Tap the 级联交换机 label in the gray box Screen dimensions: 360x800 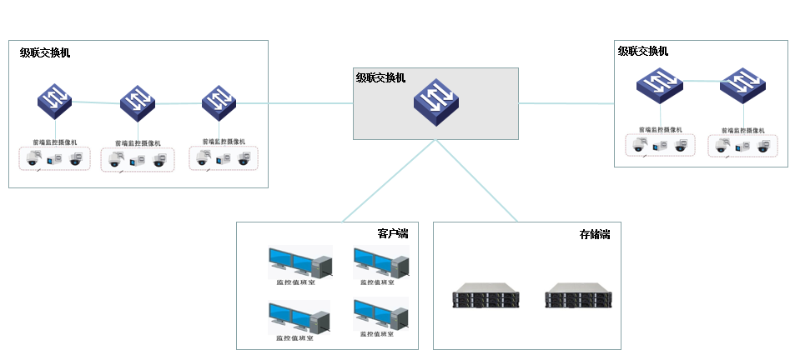point(381,77)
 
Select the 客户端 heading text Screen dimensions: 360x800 point(392,234)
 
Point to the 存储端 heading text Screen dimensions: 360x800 point(594,234)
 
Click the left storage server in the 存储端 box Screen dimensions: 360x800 point(483,297)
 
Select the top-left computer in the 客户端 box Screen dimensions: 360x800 point(297,262)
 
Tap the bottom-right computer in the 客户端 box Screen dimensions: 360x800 point(381,316)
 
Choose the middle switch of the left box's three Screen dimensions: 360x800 point(138,101)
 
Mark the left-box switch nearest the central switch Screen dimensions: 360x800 point(218,100)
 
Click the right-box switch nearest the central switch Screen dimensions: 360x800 point(659,83)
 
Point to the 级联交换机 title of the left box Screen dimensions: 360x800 point(45,53)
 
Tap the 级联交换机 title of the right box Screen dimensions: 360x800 point(643,50)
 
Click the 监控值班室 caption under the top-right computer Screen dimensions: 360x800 point(377,283)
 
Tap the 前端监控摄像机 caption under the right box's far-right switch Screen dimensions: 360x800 point(741,130)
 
